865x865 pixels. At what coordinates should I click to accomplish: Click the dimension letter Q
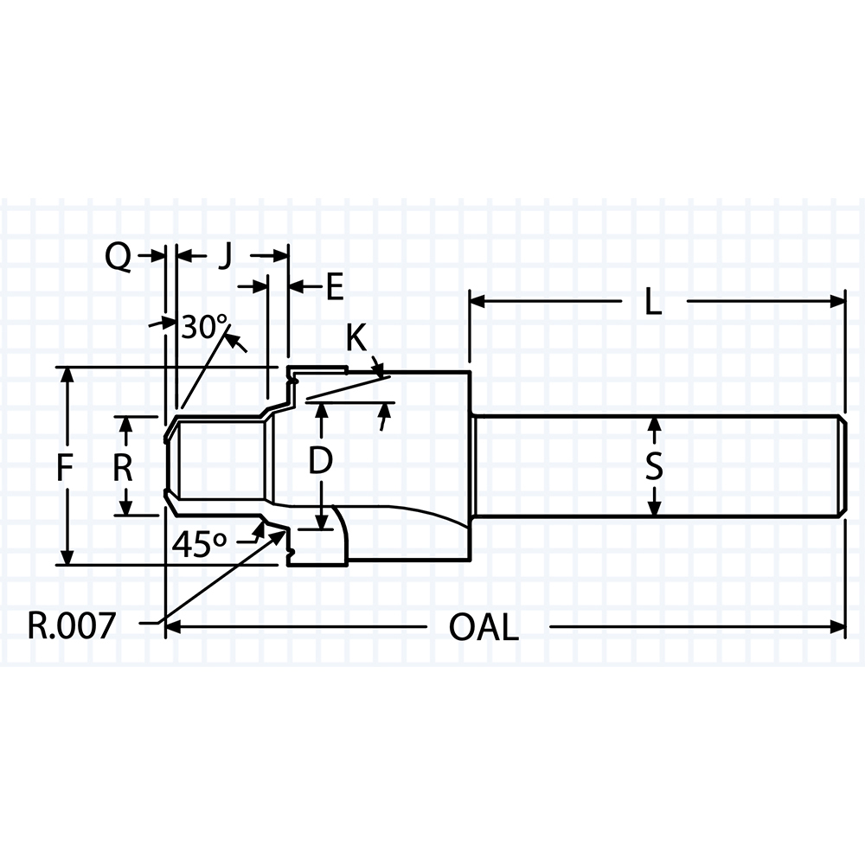118,258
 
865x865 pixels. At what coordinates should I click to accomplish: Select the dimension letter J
224,257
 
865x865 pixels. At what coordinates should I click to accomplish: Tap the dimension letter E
335,287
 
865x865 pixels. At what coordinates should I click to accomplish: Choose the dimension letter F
65,469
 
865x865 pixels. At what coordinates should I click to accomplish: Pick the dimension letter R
123,469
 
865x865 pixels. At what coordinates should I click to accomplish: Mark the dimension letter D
320,461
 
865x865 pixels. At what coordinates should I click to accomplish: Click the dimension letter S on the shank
654,468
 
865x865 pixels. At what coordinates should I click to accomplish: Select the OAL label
484,627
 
